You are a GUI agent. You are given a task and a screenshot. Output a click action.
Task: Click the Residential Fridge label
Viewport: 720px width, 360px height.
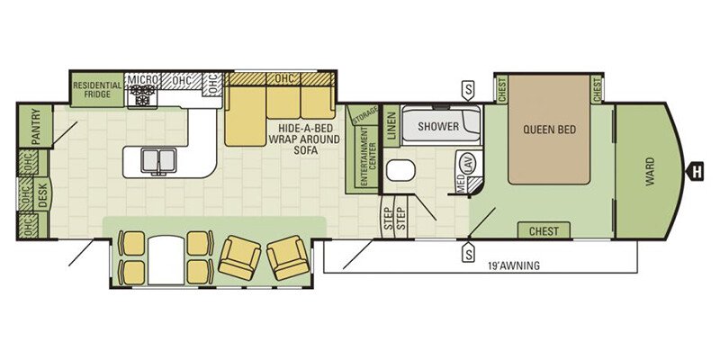click(x=97, y=89)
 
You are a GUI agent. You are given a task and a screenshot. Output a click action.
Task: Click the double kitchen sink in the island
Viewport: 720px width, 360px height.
click(x=159, y=161)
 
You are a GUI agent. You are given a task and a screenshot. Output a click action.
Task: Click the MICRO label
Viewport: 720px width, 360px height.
click(x=143, y=80)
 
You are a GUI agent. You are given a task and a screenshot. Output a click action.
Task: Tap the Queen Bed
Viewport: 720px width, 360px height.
click(x=549, y=130)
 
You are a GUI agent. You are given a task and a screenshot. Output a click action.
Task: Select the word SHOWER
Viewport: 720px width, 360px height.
click(x=438, y=126)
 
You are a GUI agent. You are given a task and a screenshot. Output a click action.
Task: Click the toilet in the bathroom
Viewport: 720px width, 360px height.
click(x=400, y=170)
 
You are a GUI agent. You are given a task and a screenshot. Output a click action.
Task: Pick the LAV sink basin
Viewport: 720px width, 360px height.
click(x=468, y=163)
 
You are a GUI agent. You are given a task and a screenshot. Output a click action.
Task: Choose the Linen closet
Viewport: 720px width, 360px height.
click(x=391, y=126)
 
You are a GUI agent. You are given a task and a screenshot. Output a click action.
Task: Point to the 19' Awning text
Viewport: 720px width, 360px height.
click(x=513, y=265)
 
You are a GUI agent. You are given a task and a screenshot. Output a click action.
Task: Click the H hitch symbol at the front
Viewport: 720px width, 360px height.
click(x=696, y=173)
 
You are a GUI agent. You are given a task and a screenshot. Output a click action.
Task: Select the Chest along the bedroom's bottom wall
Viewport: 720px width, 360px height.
click(x=544, y=230)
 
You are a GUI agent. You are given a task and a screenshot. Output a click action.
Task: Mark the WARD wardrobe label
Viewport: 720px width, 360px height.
click(x=649, y=171)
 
